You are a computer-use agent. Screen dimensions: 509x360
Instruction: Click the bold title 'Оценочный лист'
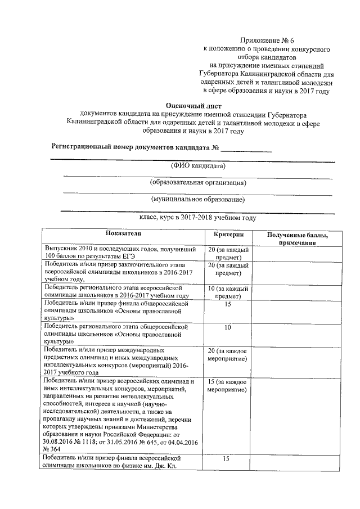pyautogui.click(x=194, y=105)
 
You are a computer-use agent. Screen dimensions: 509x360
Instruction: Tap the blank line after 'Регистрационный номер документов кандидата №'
pyautogui.click(x=246, y=148)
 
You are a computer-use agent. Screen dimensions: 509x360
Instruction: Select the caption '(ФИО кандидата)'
pyautogui.click(x=197, y=166)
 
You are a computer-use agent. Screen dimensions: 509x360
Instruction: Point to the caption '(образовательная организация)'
pyautogui.click(x=197, y=183)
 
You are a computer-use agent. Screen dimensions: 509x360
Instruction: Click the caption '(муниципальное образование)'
pyautogui.click(x=197, y=199)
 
